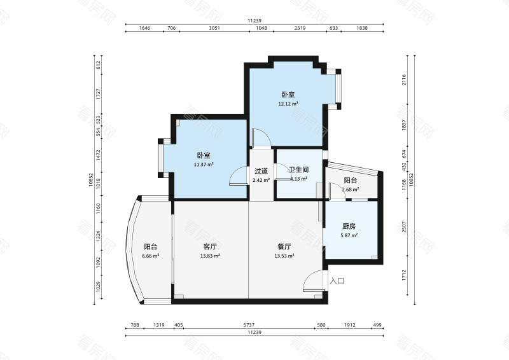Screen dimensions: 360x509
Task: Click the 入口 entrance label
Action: click(337, 280)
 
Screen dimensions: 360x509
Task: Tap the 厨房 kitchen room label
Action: click(349, 226)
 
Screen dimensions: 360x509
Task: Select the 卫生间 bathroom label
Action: click(298, 170)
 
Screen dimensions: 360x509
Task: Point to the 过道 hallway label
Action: click(261, 171)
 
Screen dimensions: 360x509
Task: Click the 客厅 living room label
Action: click(211, 247)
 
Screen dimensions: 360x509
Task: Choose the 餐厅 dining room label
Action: click(284, 247)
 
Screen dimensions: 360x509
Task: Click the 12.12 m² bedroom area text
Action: click(288, 103)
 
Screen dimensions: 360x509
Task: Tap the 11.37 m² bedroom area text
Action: click(204, 164)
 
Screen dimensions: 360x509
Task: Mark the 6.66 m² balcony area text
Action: click(150, 256)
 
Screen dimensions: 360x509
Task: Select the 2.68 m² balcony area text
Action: click(351, 189)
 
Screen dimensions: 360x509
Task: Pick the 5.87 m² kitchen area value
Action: click(349, 235)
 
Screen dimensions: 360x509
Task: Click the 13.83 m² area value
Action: click(211, 256)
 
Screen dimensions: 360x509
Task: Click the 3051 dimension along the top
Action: click(214, 29)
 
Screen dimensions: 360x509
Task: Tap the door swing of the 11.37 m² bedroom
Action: click(239, 175)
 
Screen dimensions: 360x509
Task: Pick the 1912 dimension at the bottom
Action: click(350, 325)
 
